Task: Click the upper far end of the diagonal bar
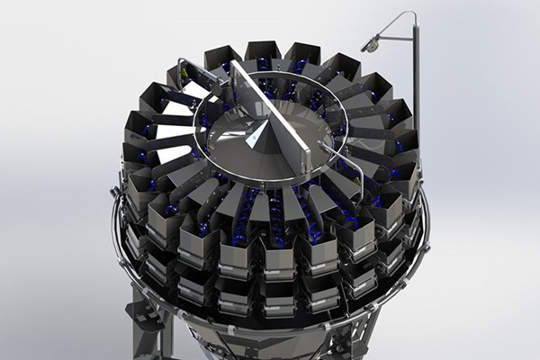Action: [235, 65]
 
